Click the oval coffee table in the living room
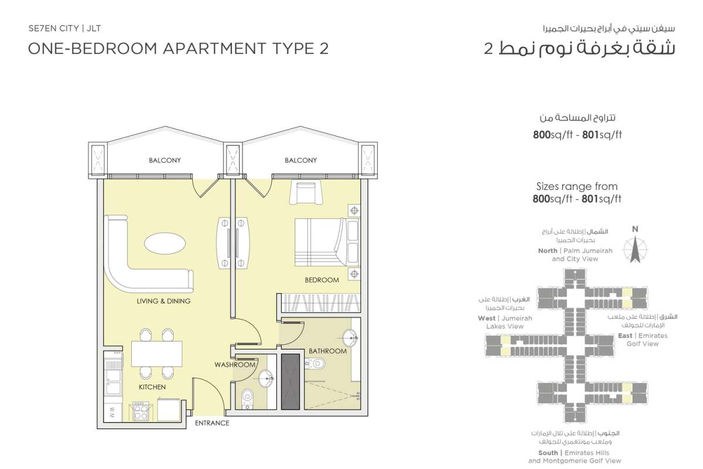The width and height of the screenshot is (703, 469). [x=165, y=244]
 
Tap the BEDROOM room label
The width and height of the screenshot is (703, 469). [x=322, y=280]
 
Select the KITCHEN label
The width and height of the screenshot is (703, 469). [x=152, y=387]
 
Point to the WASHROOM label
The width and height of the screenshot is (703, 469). [x=235, y=365]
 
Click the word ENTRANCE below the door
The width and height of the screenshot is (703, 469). [x=212, y=423]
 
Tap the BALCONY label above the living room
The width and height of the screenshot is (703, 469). [x=165, y=160]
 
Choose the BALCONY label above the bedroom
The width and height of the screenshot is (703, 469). [x=301, y=160]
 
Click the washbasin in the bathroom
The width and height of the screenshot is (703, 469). [x=350, y=338]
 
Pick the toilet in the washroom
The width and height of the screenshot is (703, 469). [x=248, y=399]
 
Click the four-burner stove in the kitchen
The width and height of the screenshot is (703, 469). [x=141, y=411]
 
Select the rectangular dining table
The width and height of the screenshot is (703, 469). [x=156, y=354]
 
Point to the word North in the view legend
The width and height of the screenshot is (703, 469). [x=548, y=251]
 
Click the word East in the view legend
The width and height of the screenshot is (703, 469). [x=625, y=335]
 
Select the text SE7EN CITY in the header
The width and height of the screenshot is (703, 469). [x=54, y=28]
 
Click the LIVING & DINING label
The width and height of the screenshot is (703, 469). [x=163, y=301]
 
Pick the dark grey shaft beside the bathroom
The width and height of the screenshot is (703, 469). [x=291, y=382]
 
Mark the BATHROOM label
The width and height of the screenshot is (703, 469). [x=327, y=351]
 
